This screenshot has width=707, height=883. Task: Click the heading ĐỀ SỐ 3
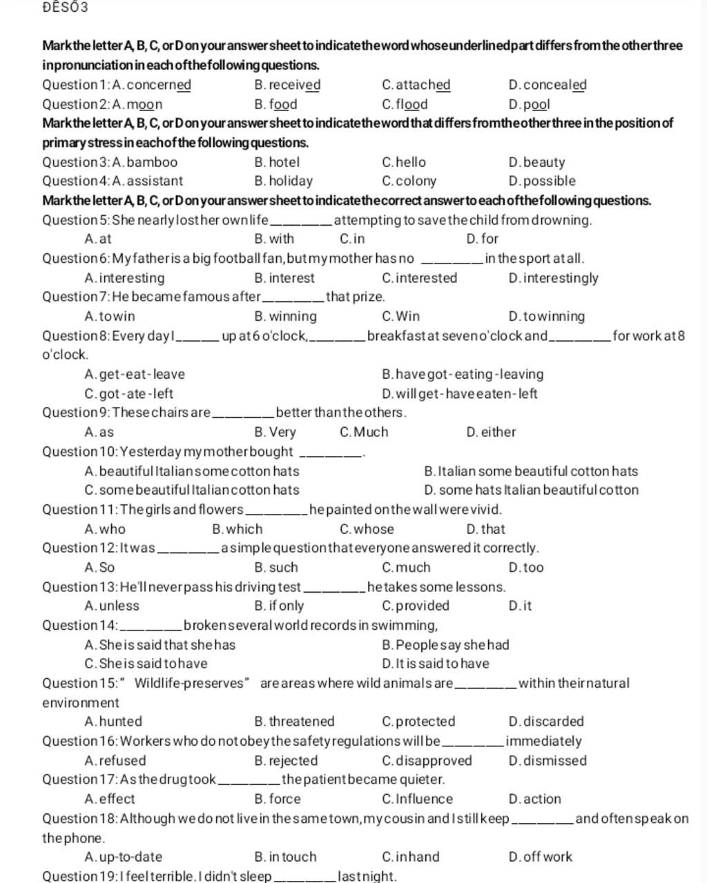[65, 8]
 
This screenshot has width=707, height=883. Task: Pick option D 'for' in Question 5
[482, 239]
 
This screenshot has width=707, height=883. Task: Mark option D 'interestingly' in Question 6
[553, 279]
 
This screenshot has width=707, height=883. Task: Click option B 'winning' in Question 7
[285, 317]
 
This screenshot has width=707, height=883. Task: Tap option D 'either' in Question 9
[491, 433]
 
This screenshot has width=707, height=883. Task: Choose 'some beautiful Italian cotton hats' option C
[191, 490]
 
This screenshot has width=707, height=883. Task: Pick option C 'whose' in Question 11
[367, 530]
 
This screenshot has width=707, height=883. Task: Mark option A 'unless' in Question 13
[111, 606]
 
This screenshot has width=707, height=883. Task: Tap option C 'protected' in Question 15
[418, 722]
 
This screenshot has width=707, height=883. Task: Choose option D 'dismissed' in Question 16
[547, 761]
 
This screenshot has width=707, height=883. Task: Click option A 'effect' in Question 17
[109, 800]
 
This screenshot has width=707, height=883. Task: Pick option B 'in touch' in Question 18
[285, 857]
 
